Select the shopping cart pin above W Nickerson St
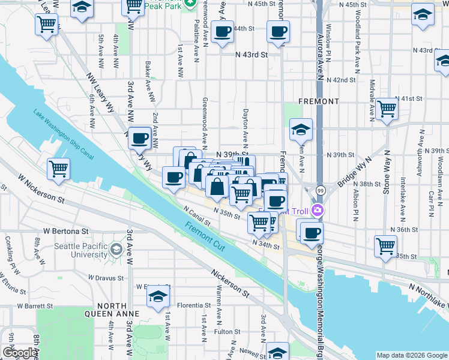59,169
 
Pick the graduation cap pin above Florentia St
158,296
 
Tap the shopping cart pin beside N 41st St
387,109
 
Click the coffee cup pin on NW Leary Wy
140,138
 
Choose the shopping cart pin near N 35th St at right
385,245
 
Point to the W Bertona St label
61,230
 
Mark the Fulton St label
227,331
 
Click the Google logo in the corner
20,353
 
